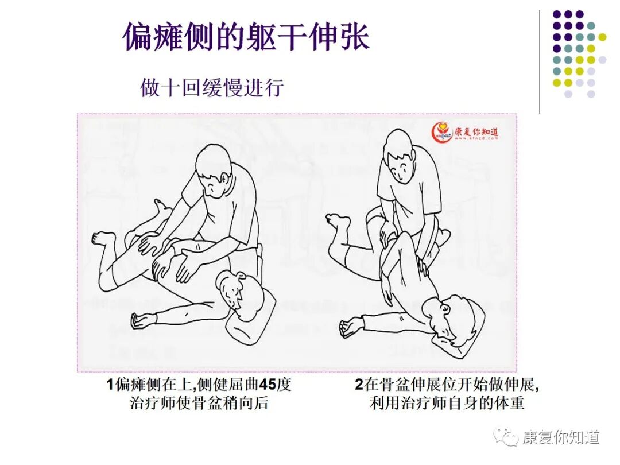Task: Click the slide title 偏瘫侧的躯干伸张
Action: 246,37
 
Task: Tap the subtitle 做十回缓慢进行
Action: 212,87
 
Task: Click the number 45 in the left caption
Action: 267,384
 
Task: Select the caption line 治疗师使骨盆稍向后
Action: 199,403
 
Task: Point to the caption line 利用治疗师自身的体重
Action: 447,403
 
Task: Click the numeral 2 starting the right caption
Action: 359,384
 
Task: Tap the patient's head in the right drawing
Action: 449,320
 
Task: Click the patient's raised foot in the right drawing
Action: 338,222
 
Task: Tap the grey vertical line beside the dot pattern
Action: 540,61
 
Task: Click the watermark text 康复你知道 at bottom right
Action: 561,437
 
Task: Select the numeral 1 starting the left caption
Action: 110,384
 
